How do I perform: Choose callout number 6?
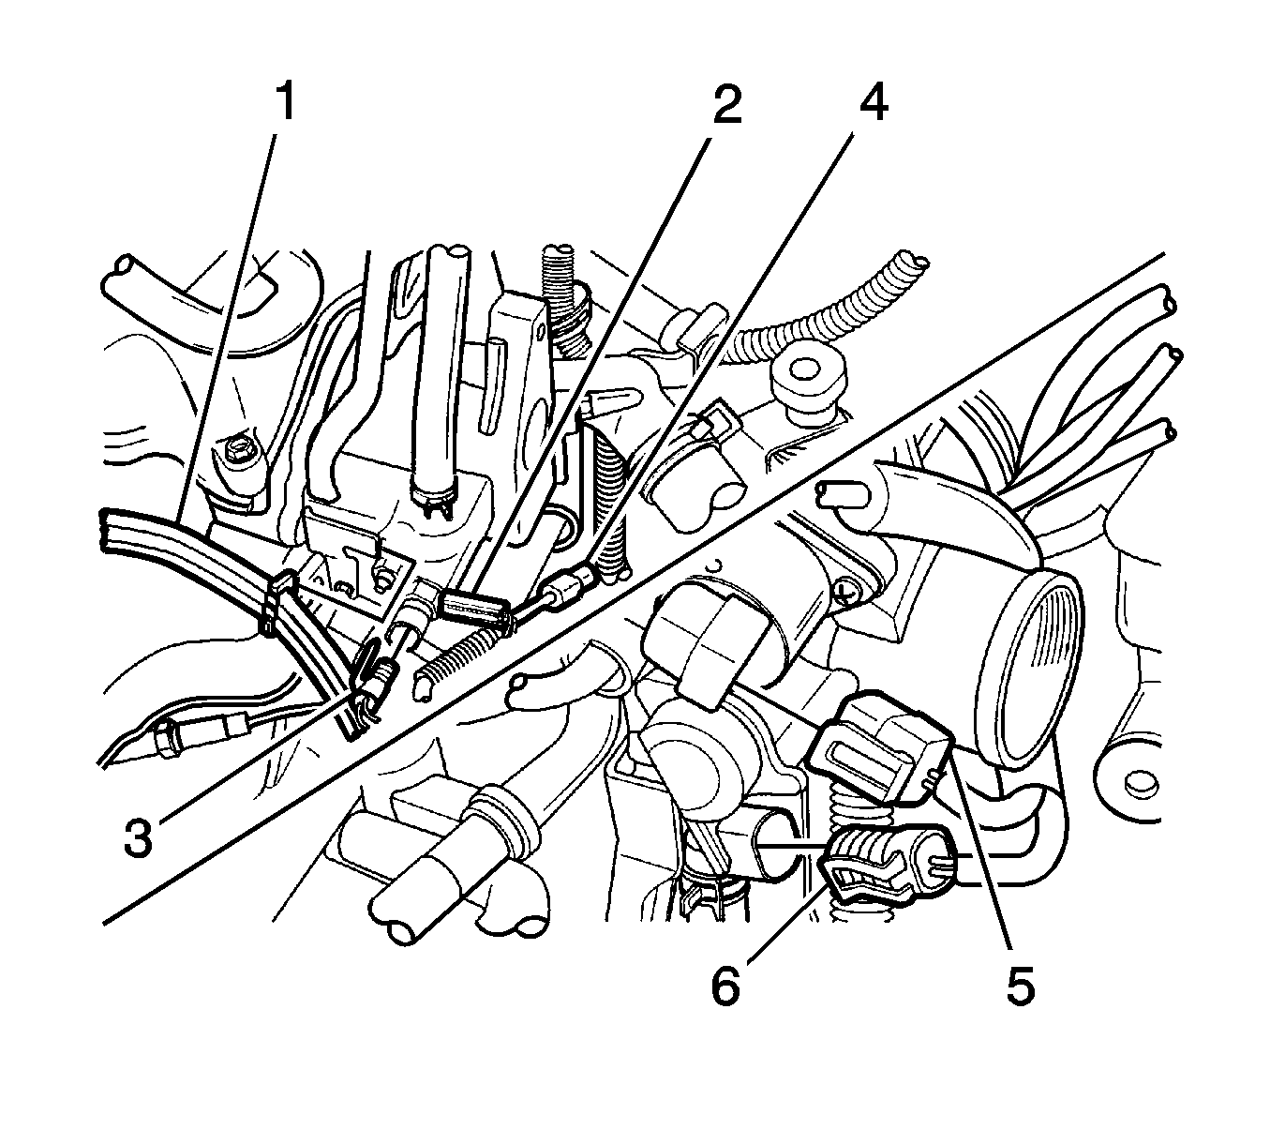point(723,987)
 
